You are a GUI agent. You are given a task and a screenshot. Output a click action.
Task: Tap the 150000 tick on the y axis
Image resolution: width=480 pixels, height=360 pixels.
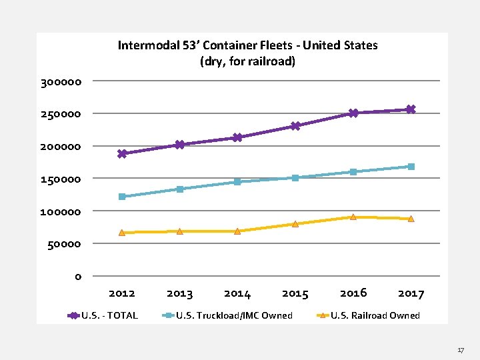[61, 179]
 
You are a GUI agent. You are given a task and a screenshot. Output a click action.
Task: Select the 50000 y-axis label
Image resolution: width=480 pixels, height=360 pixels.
[64, 244]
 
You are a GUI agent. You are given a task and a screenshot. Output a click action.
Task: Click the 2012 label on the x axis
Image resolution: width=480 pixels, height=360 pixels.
[121, 293]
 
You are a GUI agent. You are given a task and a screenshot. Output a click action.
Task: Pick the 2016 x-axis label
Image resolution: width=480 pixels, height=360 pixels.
[353, 293]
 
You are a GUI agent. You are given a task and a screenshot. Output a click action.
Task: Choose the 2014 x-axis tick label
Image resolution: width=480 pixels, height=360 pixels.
[237, 293]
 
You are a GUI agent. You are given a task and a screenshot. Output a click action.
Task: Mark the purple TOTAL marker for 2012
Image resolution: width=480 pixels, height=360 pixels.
[122, 153]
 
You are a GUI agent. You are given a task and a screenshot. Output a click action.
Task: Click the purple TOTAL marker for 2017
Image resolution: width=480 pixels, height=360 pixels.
[411, 109]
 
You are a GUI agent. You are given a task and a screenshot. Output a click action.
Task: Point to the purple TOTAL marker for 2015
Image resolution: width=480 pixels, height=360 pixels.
[295, 126]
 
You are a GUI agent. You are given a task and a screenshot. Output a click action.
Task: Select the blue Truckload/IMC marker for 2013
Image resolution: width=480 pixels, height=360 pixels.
[180, 189]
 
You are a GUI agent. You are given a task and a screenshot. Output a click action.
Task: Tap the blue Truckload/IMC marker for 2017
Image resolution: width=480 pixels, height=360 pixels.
[411, 167]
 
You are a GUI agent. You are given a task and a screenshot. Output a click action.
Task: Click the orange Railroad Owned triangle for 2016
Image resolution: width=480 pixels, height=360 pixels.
[353, 217]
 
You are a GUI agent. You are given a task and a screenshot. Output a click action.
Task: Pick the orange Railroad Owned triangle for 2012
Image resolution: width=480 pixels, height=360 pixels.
[122, 232]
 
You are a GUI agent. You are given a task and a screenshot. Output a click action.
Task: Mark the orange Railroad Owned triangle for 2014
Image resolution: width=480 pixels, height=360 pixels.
[237, 231]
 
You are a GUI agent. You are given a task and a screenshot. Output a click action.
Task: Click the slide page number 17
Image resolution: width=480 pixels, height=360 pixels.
[461, 349]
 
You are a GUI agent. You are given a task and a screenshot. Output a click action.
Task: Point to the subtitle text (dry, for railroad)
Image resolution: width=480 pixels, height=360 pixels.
[247, 61]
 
